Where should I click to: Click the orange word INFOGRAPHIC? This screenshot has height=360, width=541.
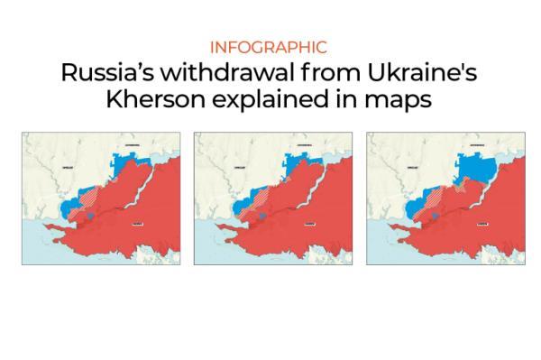[270, 47]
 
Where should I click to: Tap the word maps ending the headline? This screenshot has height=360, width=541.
[399, 100]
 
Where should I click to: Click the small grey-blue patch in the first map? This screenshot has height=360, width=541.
[83, 217]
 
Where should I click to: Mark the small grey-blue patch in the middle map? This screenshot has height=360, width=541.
[255, 217]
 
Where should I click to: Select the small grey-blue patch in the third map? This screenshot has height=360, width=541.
[427, 217]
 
